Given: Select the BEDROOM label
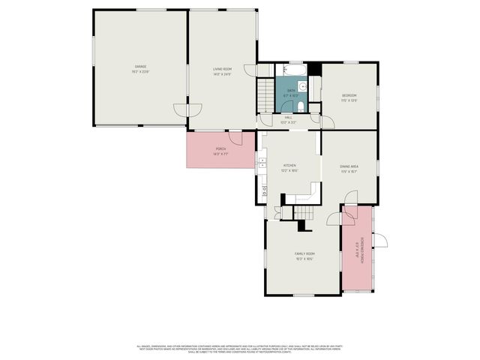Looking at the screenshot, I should (x=349, y=97).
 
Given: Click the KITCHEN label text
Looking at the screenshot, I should (x=290, y=166).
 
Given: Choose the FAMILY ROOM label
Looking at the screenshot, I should (x=304, y=256).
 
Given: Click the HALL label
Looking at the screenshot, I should (x=288, y=119).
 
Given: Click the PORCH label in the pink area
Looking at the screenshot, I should (x=220, y=151).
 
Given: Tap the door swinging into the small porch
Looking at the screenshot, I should (x=235, y=139).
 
